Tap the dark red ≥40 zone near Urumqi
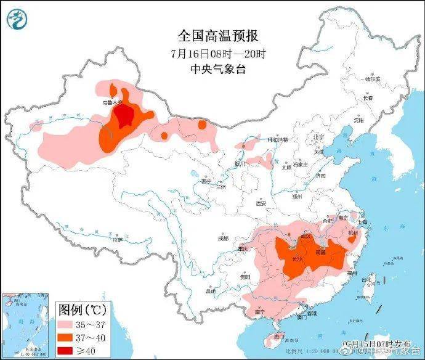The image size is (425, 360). click(126, 115)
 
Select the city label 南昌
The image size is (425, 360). click(320, 252)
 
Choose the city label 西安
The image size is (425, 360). click(261, 203)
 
